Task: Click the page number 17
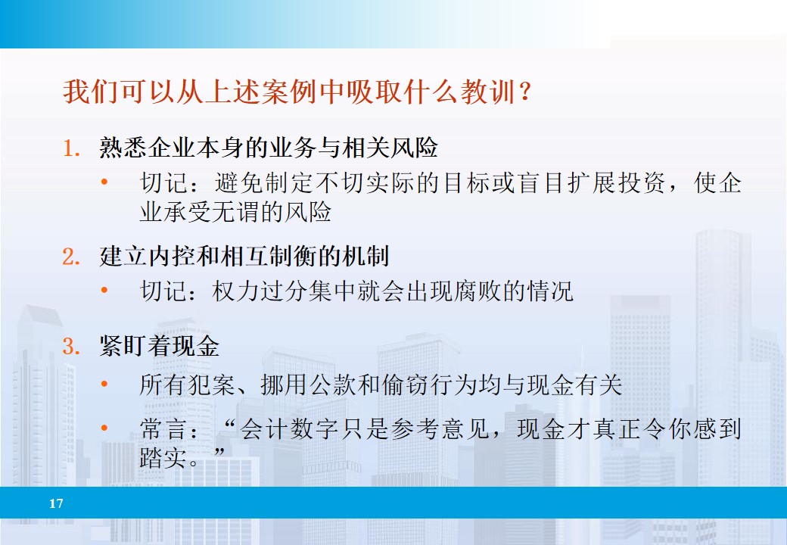[56, 503]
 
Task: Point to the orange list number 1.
[70, 148]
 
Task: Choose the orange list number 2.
[70, 257]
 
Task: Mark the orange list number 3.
[70, 347]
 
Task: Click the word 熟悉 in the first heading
[123, 148]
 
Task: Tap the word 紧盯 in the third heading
[123, 347]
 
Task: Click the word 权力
[236, 291]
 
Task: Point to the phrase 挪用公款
[309, 385]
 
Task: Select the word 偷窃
[406, 385]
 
